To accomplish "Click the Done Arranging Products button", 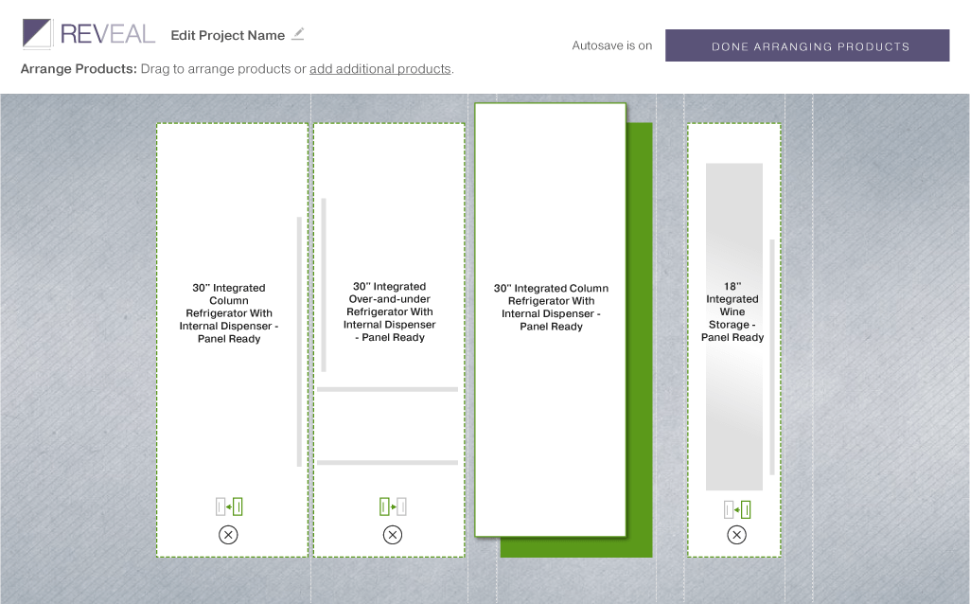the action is tap(807, 45).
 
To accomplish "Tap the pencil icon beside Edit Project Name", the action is tap(298, 33).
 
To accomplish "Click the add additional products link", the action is tap(379, 69).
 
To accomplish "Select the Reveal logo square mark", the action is tap(37, 33).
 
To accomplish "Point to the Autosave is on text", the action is tap(612, 45).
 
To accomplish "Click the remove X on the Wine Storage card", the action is tap(736, 535).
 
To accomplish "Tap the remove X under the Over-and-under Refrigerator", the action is tap(392, 535).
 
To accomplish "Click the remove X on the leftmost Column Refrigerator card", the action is tap(228, 535).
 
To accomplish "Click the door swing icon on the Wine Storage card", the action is tap(737, 509).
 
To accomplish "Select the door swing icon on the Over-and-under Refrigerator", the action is tap(393, 506).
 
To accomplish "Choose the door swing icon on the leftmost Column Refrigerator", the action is tap(229, 506).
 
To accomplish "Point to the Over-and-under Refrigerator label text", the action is tap(390, 311).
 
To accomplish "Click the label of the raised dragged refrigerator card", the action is tap(551, 307).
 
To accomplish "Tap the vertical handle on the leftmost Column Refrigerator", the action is tap(299, 342).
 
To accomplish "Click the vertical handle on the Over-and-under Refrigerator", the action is tap(324, 285).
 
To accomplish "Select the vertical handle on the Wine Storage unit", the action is tap(772, 357).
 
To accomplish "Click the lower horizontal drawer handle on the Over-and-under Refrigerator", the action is tap(387, 462).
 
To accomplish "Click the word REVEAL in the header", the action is tap(107, 34).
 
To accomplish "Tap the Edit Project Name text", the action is tap(228, 35).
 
